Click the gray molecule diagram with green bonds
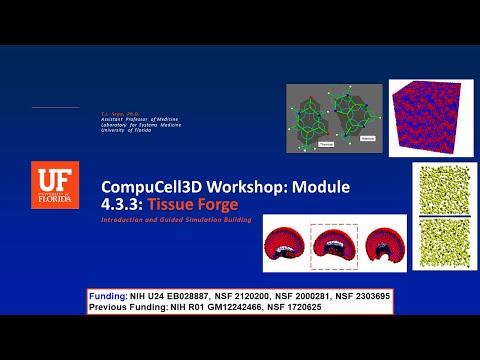[x=334, y=118]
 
